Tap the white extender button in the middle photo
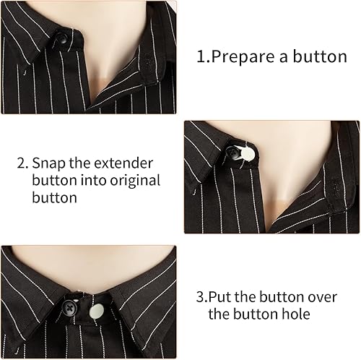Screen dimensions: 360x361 point(248,153)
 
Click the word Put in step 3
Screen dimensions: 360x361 point(222,296)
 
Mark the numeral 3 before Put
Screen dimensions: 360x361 point(200,296)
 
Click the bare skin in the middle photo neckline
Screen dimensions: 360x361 point(289,181)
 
